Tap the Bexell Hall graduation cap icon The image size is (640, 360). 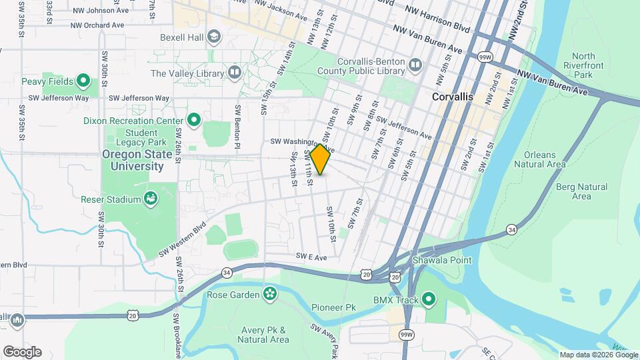214,36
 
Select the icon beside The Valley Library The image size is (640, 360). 234,72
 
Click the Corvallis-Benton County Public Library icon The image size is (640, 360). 415,65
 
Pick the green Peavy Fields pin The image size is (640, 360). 83,81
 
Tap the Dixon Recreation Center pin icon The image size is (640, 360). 194,121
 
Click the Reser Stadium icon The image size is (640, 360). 151,199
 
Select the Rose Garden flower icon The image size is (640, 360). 270,293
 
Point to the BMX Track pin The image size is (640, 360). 429,300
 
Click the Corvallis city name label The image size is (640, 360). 452,97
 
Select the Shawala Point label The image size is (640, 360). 441,260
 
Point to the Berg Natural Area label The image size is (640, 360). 581,191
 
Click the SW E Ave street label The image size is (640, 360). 312,257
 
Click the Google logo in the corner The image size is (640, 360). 22,352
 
